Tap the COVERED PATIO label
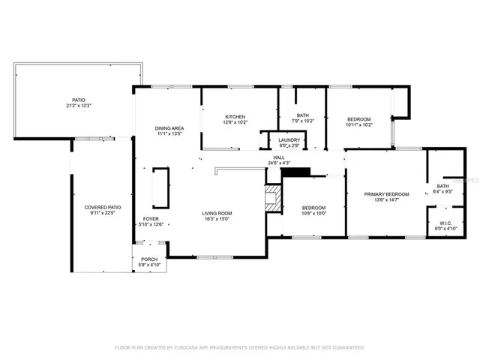pyautogui.click(x=102, y=208)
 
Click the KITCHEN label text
pyautogui.click(x=235, y=117)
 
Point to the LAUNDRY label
pyautogui.click(x=289, y=140)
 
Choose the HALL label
pyautogui.click(x=278, y=158)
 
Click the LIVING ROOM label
pyautogui.click(x=215, y=214)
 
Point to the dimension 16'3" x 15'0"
pyautogui.click(x=215, y=220)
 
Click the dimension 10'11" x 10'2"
pyautogui.click(x=359, y=125)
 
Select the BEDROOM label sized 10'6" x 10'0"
pyautogui.click(x=313, y=208)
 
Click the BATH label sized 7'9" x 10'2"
pyautogui.click(x=303, y=115)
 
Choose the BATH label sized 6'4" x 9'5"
pyautogui.click(x=443, y=186)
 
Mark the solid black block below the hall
pyautogui.click(x=295, y=173)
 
